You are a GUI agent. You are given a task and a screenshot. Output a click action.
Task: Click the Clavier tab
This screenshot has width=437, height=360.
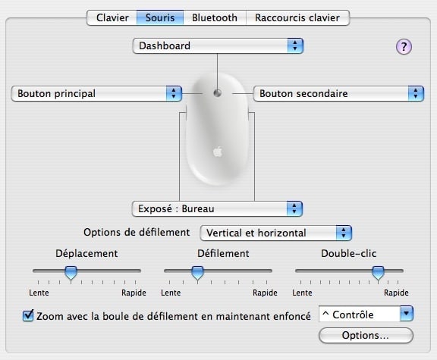(x=112, y=18)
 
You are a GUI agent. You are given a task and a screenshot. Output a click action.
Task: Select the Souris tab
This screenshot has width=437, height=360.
(x=160, y=18)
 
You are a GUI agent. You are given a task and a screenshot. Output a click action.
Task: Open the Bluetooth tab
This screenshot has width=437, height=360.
(x=215, y=18)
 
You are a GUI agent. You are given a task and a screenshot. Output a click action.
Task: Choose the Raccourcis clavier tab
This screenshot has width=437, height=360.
(x=297, y=18)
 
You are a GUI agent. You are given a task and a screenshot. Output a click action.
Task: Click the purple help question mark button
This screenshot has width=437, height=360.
(x=404, y=46)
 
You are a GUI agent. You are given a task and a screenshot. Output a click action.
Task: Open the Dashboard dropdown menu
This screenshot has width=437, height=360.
(x=218, y=46)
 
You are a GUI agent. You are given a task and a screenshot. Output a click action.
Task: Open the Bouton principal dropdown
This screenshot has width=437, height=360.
(x=96, y=93)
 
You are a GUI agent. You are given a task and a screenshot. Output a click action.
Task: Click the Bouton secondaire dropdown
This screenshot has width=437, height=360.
(x=338, y=93)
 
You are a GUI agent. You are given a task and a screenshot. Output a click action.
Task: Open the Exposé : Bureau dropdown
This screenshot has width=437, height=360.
(x=217, y=209)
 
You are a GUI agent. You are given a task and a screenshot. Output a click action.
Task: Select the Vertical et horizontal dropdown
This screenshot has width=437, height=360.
(x=276, y=233)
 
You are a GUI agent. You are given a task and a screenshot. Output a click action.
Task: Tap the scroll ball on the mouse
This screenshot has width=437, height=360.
(x=218, y=93)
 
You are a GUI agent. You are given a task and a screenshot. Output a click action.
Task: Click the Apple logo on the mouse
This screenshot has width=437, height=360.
(x=218, y=152)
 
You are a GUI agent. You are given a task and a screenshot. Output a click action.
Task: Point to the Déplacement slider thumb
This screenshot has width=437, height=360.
(x=71, y=273)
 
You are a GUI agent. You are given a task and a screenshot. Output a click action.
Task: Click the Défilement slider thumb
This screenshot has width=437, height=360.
(x=197, y=273)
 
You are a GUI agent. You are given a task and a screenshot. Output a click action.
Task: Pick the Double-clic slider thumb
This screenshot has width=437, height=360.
(x=378, y=273)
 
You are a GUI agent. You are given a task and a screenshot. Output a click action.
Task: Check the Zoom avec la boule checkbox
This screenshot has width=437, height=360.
(x=28, y=316)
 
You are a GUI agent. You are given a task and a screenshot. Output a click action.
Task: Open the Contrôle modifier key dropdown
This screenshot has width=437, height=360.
(x=366, y=314)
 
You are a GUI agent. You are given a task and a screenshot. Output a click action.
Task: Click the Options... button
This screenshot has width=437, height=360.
(x=366, y=336)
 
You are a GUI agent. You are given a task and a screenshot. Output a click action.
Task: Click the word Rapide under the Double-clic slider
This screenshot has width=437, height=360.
(x=396, y=293)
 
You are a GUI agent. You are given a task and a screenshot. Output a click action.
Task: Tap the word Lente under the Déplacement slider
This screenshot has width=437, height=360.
(x=39, y=293)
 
